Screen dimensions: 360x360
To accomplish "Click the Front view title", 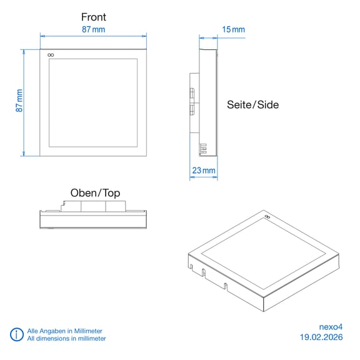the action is coord(94,17).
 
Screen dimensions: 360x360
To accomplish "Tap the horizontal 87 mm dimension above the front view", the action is coord(94,29).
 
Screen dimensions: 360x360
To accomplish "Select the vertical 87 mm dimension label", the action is coord(19,101).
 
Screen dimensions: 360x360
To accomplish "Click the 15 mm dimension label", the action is coord(233,29).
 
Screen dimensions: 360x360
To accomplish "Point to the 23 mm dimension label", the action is coord(204,171).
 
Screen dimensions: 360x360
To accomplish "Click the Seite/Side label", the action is coord(252,105).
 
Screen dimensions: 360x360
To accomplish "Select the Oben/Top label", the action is coord(95,193).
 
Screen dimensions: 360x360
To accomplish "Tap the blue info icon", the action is coord(16,334).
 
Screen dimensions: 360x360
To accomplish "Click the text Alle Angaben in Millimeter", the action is coord(65,331).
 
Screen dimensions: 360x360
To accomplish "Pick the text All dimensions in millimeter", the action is coord(67,338).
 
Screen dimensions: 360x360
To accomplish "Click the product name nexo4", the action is coord(331,327).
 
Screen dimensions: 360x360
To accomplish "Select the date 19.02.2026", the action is coord(321,337).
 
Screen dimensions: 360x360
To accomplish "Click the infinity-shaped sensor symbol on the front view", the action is coord(51,55).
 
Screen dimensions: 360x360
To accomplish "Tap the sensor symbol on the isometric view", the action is coord(267,216).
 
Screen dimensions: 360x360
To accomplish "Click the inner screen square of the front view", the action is coord(93,103).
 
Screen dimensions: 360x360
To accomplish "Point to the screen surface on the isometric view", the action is coord(263,254).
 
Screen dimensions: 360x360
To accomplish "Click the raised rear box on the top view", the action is coord(93,206).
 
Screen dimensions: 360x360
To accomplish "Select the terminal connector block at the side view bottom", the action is coord(202,149).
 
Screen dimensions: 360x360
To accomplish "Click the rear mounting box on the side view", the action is coord(194,103).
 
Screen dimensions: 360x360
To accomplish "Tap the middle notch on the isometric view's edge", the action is coord(203,272).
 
